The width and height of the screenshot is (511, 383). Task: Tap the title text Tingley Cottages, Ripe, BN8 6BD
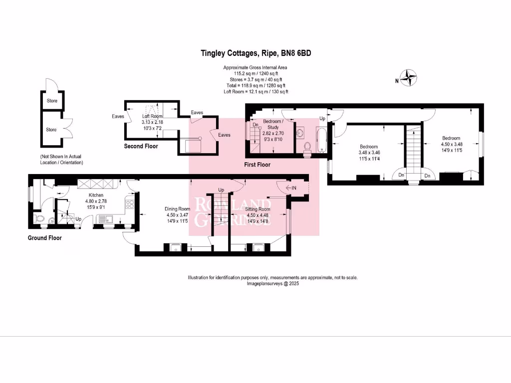coord(255,53)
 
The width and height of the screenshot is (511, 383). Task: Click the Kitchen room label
coord(96,195)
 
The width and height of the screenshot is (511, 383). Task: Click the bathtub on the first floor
coord(322,139)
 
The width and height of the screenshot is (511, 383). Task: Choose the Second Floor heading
coord(141,146)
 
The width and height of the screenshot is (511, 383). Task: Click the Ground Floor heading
coord(44,238)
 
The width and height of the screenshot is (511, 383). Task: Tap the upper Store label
coord(51,101)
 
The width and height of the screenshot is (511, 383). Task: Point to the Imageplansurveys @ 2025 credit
coord(272,283)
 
